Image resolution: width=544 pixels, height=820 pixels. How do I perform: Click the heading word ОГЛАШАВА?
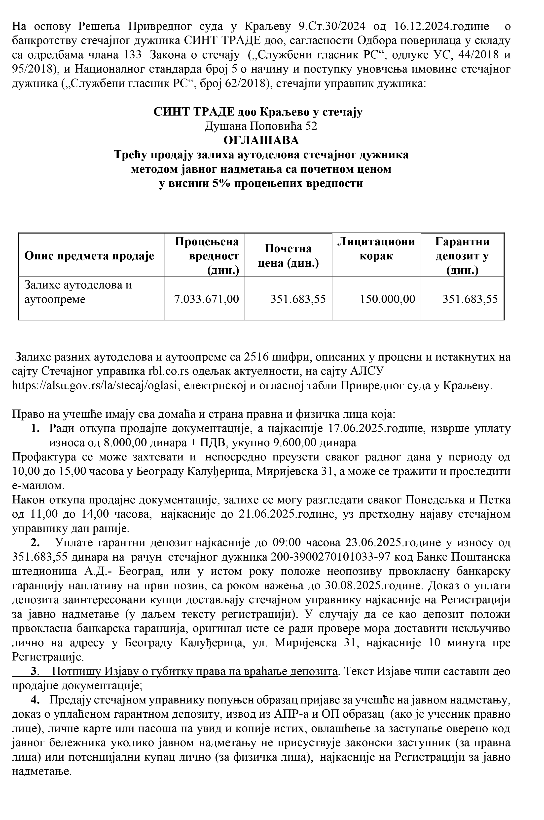[x=261, y=141]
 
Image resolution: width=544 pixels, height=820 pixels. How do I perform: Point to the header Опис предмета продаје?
[x=89, y=256]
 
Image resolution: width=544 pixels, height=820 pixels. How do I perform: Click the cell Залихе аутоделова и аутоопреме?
[x=78, y=292]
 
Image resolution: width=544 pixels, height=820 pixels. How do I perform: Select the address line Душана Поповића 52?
[x=261, y=126]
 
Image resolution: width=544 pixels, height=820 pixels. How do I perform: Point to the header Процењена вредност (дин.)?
[x=207, y=256]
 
